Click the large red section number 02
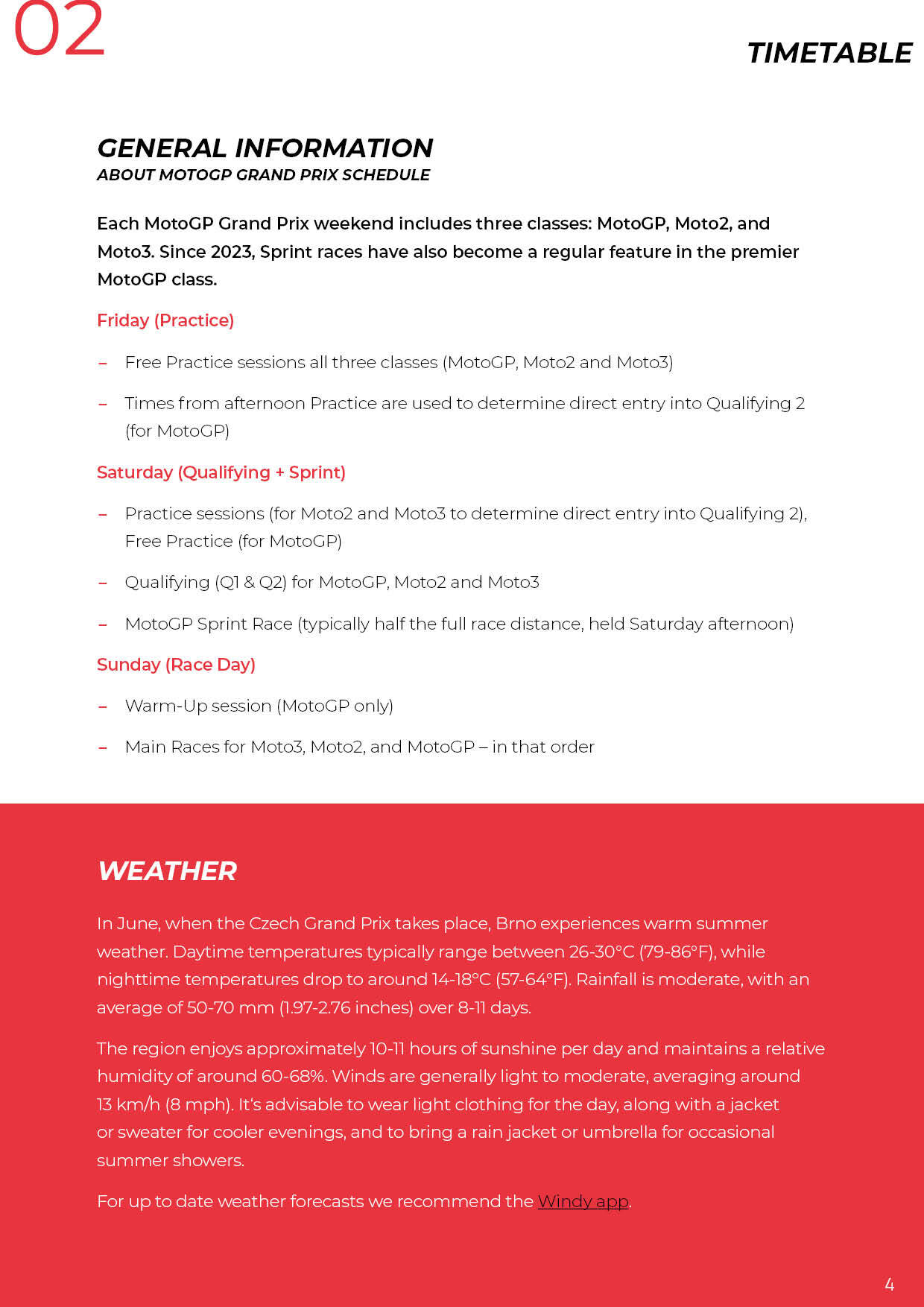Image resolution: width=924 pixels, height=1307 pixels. [x=60, y=30]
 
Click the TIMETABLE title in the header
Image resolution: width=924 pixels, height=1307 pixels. [x=829, y=54]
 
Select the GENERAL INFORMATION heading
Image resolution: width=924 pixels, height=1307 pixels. [x=265, y=148]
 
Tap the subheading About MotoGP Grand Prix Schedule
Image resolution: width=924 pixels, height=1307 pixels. [x=263, y=175]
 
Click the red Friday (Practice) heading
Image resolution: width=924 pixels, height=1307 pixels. [x=165, y=320]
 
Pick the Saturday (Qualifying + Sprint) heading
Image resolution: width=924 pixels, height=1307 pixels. [x=221, y=472]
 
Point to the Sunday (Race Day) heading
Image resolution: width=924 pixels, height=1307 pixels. [x=176, y=665]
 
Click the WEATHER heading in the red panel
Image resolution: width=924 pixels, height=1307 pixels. [x=167, y=871]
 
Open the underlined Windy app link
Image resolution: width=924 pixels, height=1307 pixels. [x=583, y=1201]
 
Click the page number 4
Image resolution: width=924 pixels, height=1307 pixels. [x=889, y=1284]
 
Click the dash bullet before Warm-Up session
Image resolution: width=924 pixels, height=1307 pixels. [x=103, y=706]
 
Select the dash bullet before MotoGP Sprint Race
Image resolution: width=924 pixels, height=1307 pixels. [x=103, y=624]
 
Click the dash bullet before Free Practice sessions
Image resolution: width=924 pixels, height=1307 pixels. [x=103, y=363]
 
